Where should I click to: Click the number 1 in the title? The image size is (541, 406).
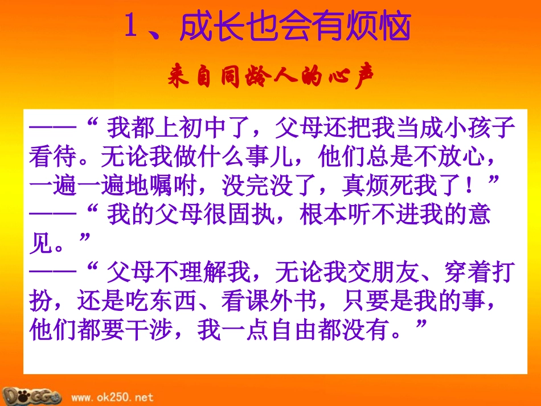pos(132,26)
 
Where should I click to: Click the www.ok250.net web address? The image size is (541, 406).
pos(112,397)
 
